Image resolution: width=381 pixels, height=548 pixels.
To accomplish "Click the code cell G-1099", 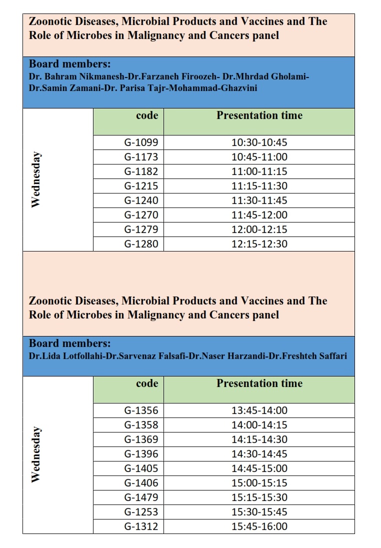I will [x=141, y=142].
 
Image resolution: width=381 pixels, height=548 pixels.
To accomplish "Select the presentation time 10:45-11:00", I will [x=259, y=157].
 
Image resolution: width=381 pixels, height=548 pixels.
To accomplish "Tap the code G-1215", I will [x=141, y=186].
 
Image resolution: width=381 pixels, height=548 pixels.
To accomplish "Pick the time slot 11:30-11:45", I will [x=259, y=200].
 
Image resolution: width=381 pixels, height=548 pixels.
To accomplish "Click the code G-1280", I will [x=141, y=244].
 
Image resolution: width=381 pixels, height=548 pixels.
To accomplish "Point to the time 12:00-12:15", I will [x=259, y=229].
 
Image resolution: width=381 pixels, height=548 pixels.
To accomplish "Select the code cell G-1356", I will [x=141, y=410].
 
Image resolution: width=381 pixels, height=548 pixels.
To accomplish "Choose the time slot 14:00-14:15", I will [x=259, y=425].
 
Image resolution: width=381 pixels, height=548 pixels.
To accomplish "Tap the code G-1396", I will [x=141, y=454].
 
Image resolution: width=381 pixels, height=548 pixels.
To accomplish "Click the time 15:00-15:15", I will [x=259, y=483].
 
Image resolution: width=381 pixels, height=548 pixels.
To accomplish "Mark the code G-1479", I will [x=141, y=497].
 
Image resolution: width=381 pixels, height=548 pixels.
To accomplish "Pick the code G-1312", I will [x=141, y=526].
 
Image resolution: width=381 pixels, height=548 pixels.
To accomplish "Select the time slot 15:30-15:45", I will [x=259, y=512].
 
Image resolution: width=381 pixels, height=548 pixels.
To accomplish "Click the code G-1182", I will [x=141, y=171].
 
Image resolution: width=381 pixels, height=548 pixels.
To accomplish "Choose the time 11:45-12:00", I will [x=259, y=215].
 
